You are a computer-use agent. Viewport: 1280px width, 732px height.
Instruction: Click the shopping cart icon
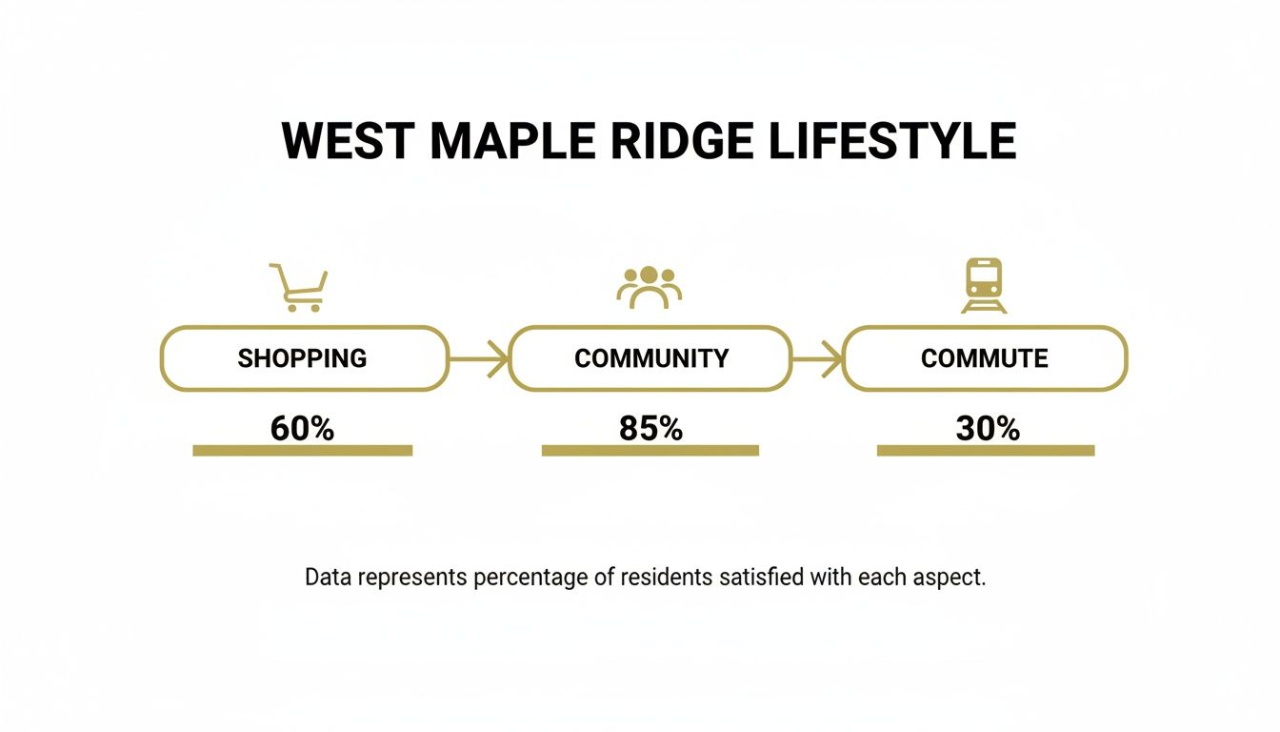(299, 287)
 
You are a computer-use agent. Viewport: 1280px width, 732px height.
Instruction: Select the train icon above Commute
(984, 285)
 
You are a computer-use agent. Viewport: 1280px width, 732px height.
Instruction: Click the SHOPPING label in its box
(302, 358)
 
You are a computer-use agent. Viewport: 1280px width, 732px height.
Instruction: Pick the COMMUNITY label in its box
(651, 358)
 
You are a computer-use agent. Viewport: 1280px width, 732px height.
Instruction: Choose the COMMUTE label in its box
(985, 358)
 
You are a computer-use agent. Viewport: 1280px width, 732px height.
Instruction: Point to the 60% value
(302, 429)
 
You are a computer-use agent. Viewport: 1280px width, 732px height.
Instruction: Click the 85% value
(651, 429)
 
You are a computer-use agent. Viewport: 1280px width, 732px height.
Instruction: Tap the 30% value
(988, 429)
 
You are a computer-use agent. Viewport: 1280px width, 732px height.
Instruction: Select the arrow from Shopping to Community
(479, 359)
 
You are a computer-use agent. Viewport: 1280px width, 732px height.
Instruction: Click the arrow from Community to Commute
(817, 359)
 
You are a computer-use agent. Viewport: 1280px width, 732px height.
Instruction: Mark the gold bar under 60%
(302, 451)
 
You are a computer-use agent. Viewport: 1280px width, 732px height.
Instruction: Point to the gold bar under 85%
(650, 451)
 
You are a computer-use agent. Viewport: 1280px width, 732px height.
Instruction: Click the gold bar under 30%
(986, 451)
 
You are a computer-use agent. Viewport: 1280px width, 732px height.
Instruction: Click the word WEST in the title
(350, 142)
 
